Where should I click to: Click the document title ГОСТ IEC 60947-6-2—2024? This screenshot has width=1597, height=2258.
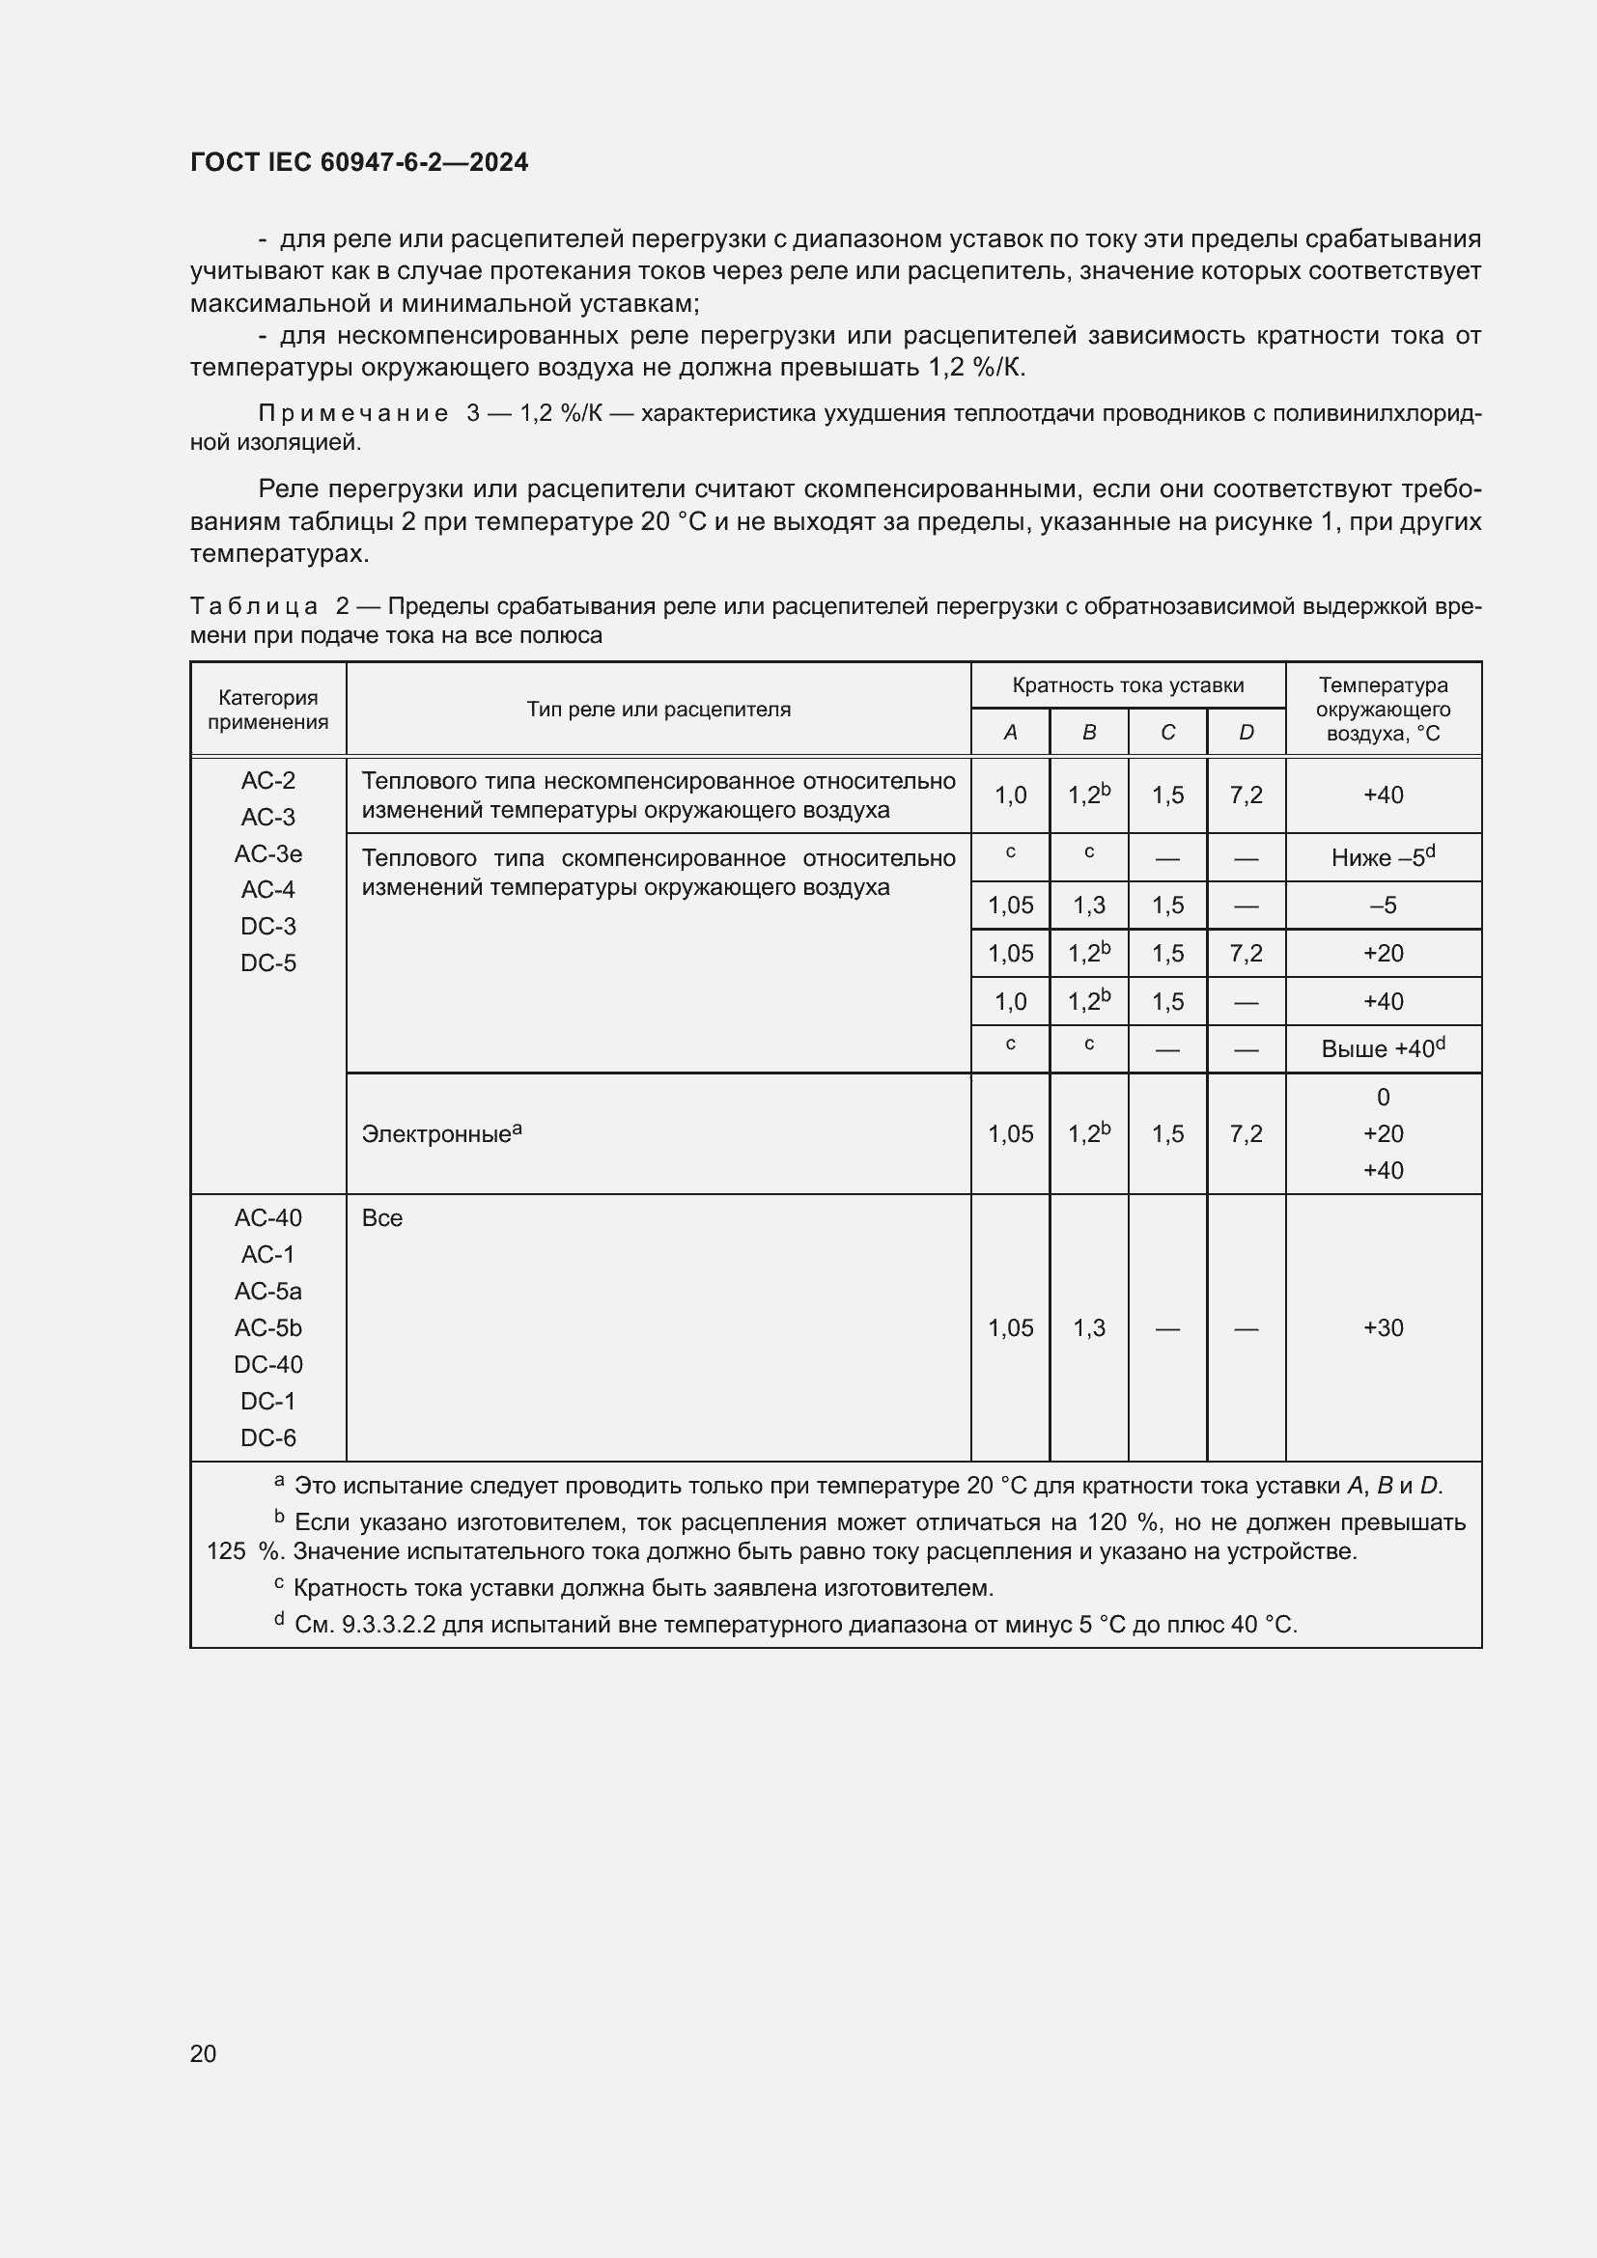tap(359, 162)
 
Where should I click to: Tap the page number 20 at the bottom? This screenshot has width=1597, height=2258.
tap(203, 2053)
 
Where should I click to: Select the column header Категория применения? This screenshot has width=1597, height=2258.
tap(267, 710)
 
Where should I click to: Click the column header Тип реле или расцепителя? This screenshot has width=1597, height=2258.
tap(658, 710)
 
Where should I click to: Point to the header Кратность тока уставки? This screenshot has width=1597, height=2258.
tap(1127, 685)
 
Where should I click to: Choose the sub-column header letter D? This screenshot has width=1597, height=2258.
tap(1246, 733)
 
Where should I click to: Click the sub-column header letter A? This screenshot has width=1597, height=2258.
tap(1010, 733)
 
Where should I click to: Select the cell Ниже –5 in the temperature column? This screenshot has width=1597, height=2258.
tap(1382, 857)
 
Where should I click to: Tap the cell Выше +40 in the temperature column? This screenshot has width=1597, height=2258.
tap(1382, 1049)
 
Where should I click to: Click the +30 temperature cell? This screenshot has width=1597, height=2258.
tap(1383, 1327)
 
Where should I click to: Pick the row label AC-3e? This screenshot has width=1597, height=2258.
tap(267, 854)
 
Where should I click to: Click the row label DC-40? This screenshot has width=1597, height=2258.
tap(267, 1364)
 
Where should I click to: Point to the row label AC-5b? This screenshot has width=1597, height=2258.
tap(267, 1327)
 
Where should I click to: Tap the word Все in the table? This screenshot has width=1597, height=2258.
tap(381, 1217)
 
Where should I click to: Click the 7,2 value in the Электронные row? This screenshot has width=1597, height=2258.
tap(1246, 1134)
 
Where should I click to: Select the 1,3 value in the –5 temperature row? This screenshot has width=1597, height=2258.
tap(1088, 905)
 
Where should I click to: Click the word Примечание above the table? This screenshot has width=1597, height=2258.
tap(353, 414)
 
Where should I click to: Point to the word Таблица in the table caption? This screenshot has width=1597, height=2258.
tap(254, 606)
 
